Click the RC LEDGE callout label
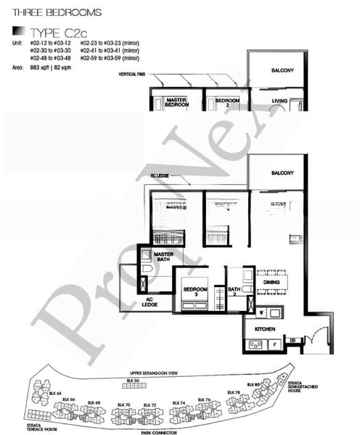point(160,175)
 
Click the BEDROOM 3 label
point(195,291)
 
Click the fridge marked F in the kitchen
point(282,345)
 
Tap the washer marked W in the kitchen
point(261,314)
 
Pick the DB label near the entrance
point(293,340)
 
